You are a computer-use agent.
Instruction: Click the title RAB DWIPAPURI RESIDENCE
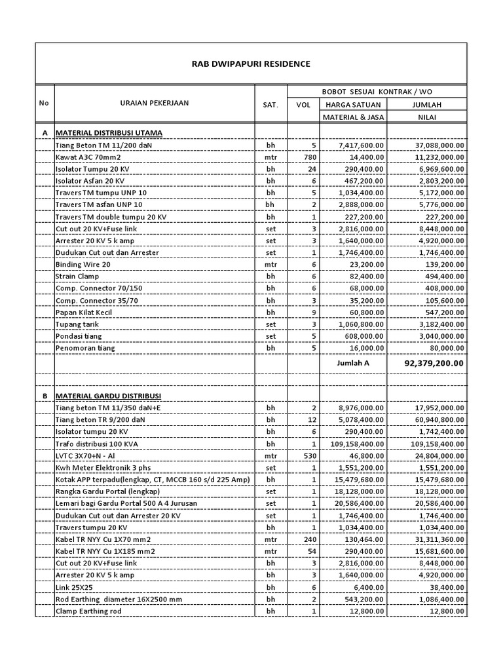[251, 64]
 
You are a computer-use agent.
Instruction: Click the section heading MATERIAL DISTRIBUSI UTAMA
[109, 132]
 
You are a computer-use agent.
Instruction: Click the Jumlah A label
[352, 362]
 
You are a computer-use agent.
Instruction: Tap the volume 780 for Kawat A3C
[310, 157]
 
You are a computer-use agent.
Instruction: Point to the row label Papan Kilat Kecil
[84, 313]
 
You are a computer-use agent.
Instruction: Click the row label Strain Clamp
[77, 277]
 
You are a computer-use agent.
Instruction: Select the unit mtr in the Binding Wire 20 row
[270, 264]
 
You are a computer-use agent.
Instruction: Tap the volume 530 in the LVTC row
[310, 455]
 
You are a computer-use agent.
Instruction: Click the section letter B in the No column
[45, 396]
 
